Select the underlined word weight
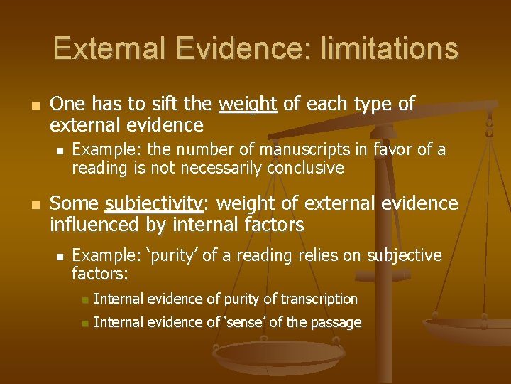(x=248, y=105)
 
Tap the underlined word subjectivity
(x=154, y=204)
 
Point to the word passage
(x=336, y=322)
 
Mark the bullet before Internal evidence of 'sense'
(x=84, y=323)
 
